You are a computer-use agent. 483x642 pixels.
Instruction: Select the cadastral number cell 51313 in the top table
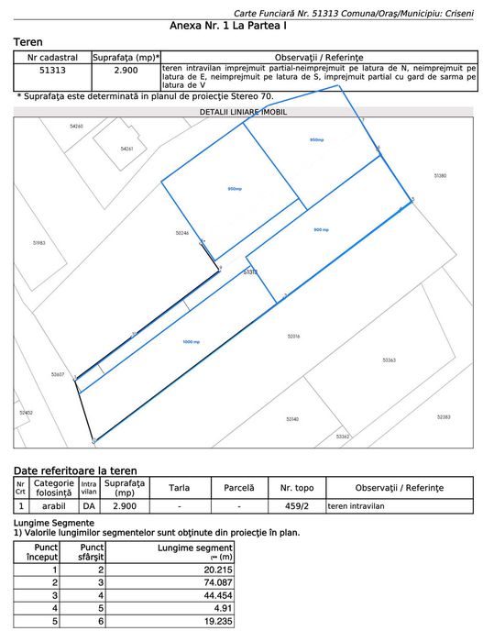point(52,70)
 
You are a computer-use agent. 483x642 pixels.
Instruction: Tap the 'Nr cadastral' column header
point(52,57)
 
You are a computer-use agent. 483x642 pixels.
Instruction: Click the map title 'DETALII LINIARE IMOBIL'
point(243,111)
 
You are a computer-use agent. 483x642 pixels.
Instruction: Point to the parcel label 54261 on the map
point(126,149)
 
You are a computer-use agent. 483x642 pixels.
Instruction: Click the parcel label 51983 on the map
point(38,243)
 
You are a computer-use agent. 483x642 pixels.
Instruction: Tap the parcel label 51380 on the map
point(440,175)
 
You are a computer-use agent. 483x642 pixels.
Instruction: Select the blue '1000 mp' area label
point(191,342)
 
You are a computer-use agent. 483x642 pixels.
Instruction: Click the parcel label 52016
point(293,337)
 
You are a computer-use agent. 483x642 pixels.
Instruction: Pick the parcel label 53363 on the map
point(389,360)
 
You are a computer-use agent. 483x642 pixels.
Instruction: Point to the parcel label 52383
point(444,417)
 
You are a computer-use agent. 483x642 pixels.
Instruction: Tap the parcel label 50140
point(292,419)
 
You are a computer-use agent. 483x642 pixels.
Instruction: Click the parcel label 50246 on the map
point(181,233)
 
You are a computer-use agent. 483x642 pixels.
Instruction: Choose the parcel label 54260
point(76,126)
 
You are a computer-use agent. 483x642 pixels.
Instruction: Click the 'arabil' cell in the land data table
point(53,505)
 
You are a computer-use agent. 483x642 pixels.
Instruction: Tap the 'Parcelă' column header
point(238,487)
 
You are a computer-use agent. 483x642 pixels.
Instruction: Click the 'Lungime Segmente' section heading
point(53,523)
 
